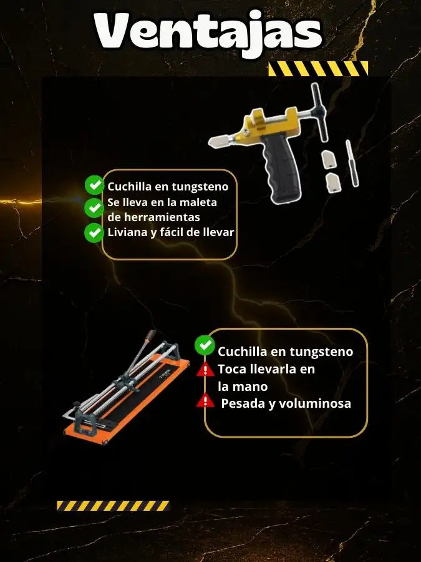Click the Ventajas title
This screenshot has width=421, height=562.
pos(208,33)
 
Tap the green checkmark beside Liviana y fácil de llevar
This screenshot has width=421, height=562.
pos(94,233)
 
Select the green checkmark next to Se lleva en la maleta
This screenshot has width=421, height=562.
pos(94,208)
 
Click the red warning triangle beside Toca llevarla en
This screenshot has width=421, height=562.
pos(205,370)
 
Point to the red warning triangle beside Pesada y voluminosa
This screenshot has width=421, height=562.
pos(205,400)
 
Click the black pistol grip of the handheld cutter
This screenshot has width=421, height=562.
pos(282,168)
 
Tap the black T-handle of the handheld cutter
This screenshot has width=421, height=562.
pos(319,112)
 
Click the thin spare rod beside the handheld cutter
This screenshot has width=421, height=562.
pos(352,163)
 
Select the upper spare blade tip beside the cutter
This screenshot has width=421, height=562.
pos(329,159)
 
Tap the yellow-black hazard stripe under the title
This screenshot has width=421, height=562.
pos(318,69)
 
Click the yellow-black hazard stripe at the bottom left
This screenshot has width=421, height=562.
pos(113,505)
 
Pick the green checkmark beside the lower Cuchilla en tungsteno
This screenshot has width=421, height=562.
pos(205,345)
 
